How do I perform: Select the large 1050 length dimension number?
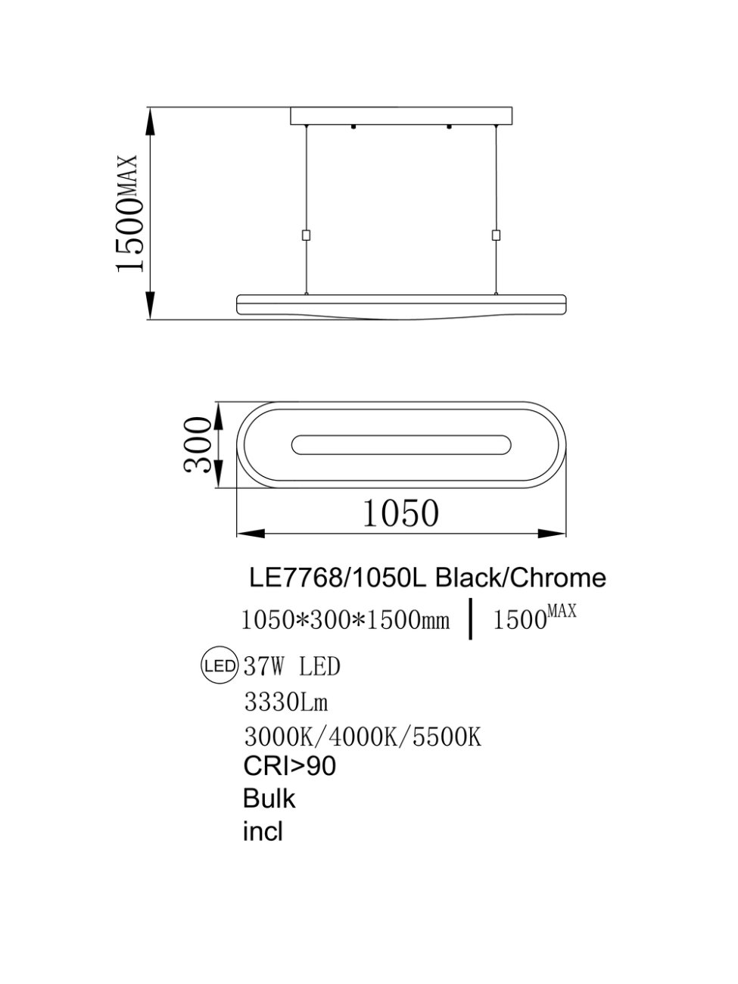tap(400, 513)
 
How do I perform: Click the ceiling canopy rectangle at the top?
tap(401, 116)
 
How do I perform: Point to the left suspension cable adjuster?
tap(307, 235)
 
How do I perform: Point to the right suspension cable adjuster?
tap(496, 235)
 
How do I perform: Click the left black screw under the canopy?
tap(354, 127)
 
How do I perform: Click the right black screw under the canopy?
tap(448, 127)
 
